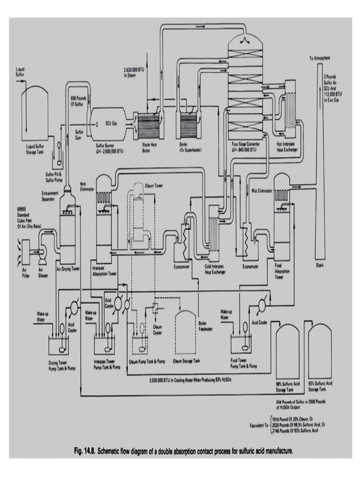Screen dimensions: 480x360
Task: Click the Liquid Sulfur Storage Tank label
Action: (36, 149)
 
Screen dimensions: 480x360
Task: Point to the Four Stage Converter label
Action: (244, 147)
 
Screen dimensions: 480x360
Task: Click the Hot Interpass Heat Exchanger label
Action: (287, 147)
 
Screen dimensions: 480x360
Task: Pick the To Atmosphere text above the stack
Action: (320, 59)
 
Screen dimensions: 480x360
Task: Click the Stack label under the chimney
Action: (321, 265)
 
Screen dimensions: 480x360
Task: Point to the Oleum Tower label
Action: (153, 185)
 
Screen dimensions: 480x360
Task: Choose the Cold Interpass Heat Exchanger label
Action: (216, 270)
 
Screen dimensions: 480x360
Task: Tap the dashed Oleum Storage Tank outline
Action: (187, 332)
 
